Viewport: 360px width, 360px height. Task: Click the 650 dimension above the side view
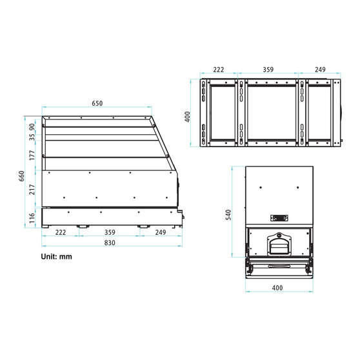[97, 103]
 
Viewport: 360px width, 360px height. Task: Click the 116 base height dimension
[32, 218]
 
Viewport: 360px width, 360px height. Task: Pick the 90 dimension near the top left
[32, 123]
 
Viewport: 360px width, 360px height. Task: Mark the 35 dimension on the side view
[32, 136]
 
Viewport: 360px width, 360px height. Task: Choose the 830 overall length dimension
[109, 243]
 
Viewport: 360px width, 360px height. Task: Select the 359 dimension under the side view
[109, 232]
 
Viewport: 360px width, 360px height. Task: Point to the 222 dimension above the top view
[218, 70]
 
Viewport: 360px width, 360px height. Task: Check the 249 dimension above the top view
[321, 70]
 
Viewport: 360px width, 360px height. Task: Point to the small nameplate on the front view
[279, 218]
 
